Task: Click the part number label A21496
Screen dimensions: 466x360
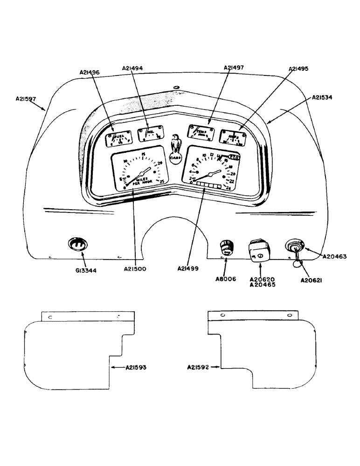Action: click(x=90, y=72)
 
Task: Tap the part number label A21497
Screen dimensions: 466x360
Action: click(x=234, y=68)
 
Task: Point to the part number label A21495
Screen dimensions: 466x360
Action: click(x=298, y=69)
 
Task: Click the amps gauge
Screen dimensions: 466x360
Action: click(x=234, y=136)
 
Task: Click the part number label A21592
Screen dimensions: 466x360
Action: click(x=198, y=368)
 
